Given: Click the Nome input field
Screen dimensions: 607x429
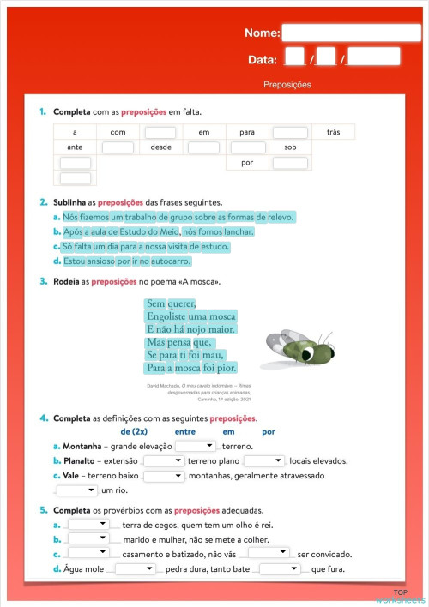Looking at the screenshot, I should pos(341,33).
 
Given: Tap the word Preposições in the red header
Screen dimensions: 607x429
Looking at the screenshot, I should pos(287,85).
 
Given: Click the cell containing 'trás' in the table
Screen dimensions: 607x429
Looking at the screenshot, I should pos(333,132).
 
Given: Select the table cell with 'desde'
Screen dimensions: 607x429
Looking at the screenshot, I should pos(160,147).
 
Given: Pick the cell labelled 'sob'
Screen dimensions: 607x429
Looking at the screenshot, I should pos(290,147).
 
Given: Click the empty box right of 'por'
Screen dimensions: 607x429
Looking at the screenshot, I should pos(290,163).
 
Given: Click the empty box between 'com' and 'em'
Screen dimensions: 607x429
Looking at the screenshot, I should pos(160,133).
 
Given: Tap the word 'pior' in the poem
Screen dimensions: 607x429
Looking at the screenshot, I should pos(226,368).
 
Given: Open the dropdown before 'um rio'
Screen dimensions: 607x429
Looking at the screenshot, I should pos(78,490).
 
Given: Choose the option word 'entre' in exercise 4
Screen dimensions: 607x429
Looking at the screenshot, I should pos(185,431).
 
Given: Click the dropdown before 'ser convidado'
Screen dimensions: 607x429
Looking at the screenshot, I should pos(269,554).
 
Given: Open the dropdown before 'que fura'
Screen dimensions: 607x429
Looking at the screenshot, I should pos(281,568).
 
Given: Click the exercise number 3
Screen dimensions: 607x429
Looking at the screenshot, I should pos(43,281).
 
